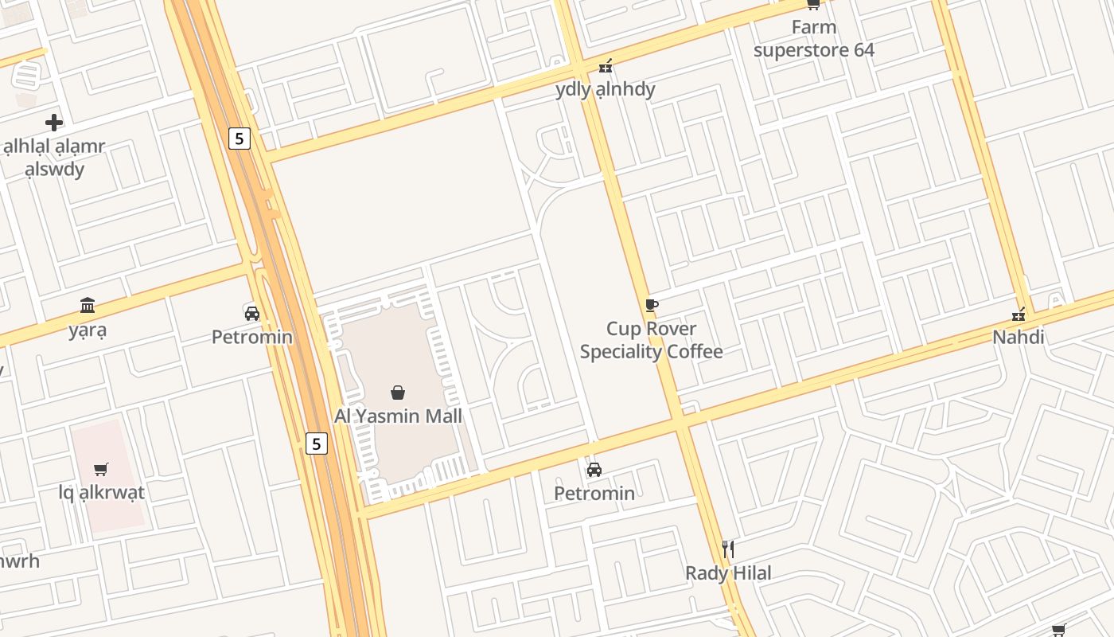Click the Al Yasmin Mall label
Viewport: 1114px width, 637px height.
coord(398,416)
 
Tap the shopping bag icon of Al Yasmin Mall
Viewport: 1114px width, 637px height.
coord(398,393)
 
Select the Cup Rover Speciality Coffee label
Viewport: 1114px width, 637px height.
coord(651,340)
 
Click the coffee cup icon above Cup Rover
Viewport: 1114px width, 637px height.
coord(651,305)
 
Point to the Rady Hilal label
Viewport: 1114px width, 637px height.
coord(728,573)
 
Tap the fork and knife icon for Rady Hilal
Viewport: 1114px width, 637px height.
coord(727,549)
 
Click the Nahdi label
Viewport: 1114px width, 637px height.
coord(1018,337)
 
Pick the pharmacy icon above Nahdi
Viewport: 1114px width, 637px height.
coord(1018,315)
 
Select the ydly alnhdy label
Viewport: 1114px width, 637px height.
coord(605,88)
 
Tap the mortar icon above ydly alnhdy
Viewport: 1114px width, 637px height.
coord(606,65)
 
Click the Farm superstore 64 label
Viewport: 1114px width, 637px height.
coord(813,38)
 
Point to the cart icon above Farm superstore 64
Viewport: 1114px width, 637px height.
coord(813,4)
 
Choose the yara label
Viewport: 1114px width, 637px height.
coord(87,330)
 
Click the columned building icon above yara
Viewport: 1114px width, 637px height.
coord(87,306)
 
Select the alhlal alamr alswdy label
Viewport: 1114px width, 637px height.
coord(54,158)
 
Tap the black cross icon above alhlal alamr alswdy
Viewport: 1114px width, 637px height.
coord(54,123)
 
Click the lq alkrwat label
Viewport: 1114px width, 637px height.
coord(102,492)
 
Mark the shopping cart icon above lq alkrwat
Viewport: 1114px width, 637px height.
coord(100,469)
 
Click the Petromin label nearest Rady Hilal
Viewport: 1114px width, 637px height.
coord(594,493)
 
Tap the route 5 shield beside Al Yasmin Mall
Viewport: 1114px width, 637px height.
coord(317,444)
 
